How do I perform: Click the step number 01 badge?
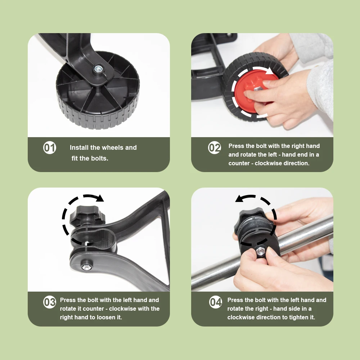pos(50,148)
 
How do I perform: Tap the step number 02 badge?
pos(215,148)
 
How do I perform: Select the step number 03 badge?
pos(50,302)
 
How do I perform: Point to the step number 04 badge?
pos(215,302)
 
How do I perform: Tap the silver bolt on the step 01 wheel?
pos(98,68)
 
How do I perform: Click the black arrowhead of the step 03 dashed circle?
pos(100,198)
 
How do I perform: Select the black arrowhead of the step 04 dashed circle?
pos(239,198)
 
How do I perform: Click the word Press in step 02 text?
pos(236,146)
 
